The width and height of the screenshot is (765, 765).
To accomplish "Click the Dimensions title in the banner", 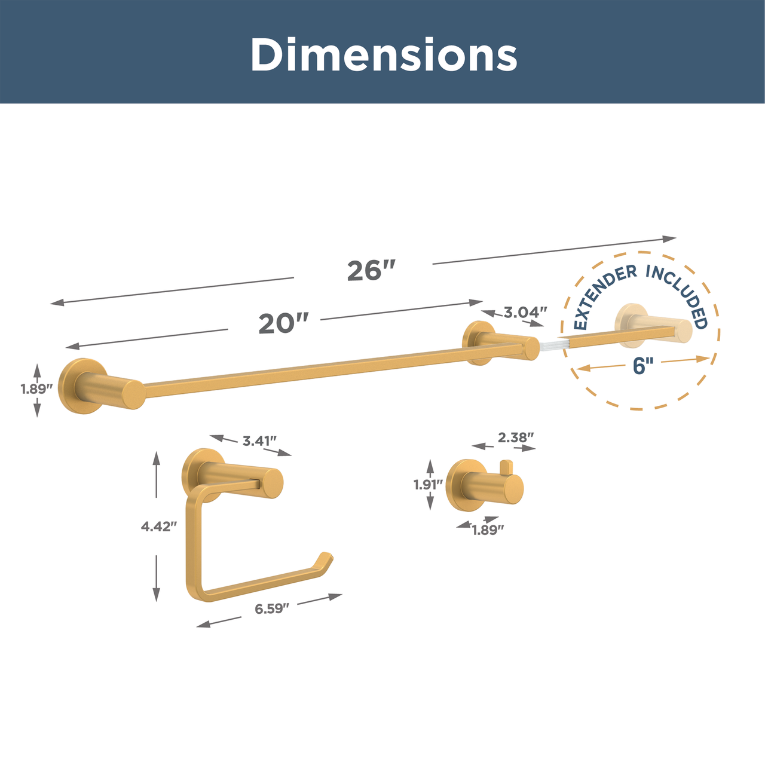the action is pyautogui.click(x=384, y=54).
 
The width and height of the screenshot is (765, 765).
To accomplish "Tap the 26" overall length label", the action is pyautogui.click(x=371, y=271).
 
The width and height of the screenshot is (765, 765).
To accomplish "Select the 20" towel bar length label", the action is pyautogui.click(x=283, y=323).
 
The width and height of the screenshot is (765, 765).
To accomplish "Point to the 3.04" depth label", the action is pyautogui.click(x=525, y=313).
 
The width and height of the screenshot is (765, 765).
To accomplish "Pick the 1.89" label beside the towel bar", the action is pyautogui.click(x=36, y=389).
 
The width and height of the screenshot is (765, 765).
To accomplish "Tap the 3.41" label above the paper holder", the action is pyautogui.click(x=259, y=440).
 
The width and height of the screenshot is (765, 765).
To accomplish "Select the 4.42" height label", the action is pyautogui.click(x=158, y=527).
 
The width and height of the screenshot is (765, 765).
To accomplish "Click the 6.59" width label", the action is pyautogui.click(x=272, y=608).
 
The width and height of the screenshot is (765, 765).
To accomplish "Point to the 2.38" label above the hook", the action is pyautogui.click(x=516, y=437).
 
